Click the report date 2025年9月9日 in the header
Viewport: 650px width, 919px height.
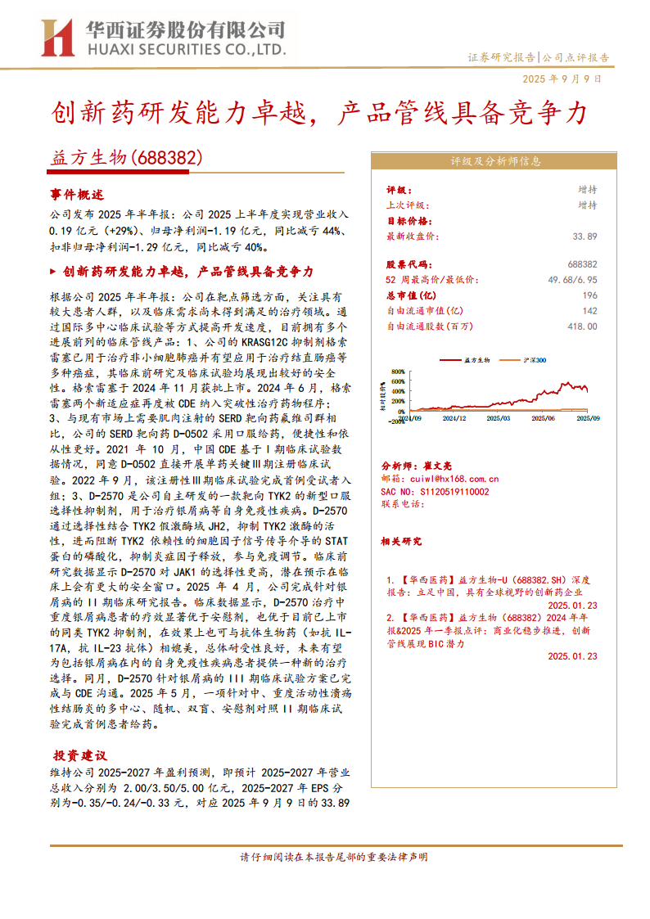coord(562,79)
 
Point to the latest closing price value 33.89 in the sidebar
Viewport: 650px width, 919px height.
coord(585,237)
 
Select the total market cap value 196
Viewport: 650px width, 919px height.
coord(589,295)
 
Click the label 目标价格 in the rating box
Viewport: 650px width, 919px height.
coord(409,221)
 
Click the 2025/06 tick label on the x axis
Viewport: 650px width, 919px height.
coord(543,417)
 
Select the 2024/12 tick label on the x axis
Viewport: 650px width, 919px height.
coord(454,417)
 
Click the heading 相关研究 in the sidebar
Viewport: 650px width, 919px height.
coord(401,541)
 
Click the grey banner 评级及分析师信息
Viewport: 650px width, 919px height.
coord(496,161)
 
